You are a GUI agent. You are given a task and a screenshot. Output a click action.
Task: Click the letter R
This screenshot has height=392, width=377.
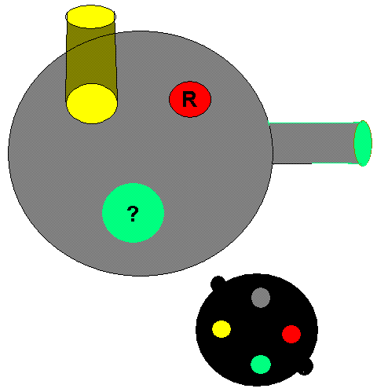(x=189, y=99)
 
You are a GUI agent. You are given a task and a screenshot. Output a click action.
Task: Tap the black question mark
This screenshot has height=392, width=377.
(x=133, y=214)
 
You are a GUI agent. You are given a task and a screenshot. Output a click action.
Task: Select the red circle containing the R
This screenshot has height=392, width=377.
(x=190, y=99)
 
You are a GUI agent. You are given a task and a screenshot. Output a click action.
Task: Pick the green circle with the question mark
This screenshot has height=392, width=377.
(x=133, y=213)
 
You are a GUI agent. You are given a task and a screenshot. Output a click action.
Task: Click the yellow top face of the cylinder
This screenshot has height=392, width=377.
(x=90, y=16)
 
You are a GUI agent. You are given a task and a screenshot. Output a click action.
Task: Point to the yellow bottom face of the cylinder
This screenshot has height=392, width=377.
(x=92, y=104)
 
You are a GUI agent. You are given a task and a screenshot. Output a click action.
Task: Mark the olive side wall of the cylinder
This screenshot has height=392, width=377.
(x=90, y=57)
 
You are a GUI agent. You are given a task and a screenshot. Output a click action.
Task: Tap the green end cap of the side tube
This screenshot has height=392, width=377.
(x=363, y=143)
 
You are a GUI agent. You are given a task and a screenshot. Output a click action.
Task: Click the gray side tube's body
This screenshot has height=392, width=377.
(x=313, y=143)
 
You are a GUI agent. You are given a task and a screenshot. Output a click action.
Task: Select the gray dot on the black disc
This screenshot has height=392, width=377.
(x=261, y=298)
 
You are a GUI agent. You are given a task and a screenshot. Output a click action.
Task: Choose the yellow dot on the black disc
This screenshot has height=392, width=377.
(x=221, y=329)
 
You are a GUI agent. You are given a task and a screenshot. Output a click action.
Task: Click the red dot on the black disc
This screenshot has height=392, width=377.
(x=291, y=334)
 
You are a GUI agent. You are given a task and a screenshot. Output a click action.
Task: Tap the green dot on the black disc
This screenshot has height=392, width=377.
(x=261, y=365)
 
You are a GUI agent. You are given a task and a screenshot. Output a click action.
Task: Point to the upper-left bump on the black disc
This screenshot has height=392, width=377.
(x=217, y=282)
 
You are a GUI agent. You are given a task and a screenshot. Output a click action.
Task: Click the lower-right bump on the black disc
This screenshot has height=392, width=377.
(x=306, y=367)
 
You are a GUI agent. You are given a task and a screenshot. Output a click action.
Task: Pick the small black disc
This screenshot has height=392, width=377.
(x=257, y=330)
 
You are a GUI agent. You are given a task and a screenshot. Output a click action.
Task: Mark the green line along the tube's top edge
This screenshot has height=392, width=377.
(x=314, y=123)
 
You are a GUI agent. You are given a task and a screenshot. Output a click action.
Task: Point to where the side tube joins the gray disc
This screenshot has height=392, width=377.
(x=271, y=144)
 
